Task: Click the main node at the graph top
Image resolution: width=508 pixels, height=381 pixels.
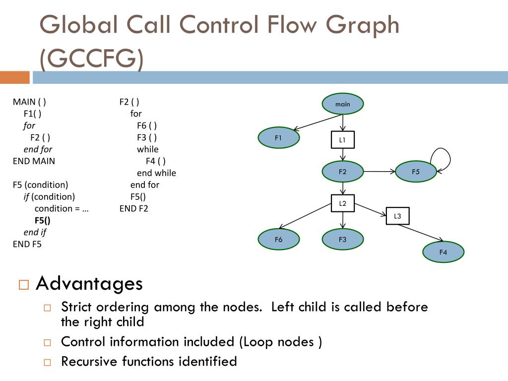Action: (342, 104)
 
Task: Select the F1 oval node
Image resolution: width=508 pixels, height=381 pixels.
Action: (278, 138)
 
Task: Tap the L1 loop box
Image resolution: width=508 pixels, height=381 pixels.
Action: (342, 140)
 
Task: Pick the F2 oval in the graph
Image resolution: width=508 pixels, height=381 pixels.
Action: (342, 172)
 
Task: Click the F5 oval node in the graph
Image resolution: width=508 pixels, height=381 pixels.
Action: (416, 172)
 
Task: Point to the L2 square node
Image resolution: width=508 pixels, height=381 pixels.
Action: (342, 203)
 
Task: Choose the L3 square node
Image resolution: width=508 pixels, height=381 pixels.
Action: (397, 216)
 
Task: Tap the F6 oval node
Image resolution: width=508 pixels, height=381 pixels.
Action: (278, 240)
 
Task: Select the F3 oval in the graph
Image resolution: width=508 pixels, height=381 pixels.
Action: (342, 240)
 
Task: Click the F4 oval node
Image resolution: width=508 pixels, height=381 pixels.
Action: (443, 252)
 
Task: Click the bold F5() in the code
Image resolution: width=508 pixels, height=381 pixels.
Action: (43, 220)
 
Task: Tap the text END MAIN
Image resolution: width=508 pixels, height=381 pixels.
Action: (34, 161)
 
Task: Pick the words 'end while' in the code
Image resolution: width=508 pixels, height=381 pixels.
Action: (156, 173)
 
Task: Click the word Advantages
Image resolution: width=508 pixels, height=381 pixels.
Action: (89, 284)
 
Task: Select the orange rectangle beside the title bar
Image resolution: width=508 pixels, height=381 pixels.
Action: (14, 77)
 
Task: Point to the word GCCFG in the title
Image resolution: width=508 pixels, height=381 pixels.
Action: (92, 59)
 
